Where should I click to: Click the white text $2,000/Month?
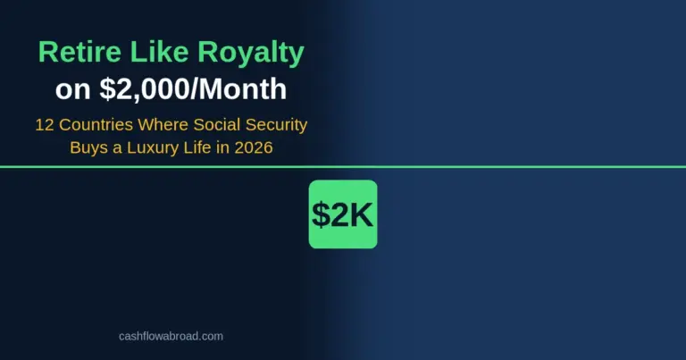190,90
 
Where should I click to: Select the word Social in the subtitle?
213,125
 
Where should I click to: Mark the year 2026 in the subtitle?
254,147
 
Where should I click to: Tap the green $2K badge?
343,214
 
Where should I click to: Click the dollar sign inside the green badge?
320,214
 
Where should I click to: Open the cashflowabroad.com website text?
171,336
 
